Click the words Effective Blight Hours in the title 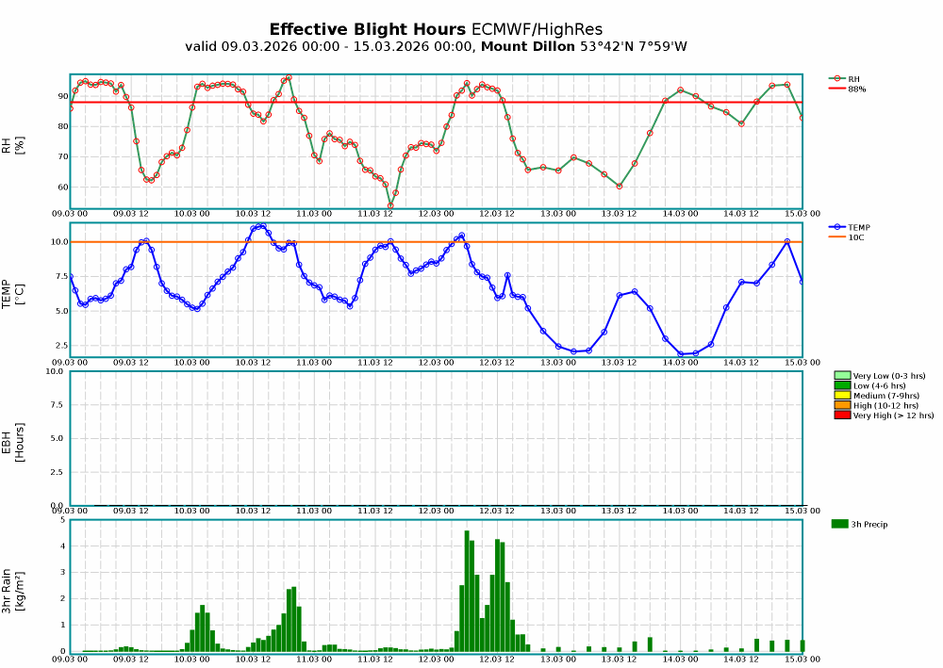(367, 29)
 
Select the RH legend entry (853, 79)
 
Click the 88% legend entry (856, 89)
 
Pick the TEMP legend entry (858, 227)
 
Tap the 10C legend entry (855, 236)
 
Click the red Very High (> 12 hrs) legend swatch (842, 415)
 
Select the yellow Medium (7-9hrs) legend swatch (842, 395)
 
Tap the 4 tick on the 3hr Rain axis (62, 546)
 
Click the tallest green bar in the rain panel (467, 591)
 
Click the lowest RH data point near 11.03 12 (390, 205)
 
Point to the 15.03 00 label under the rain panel (802, 660)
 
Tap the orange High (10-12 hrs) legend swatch (842, 405)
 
